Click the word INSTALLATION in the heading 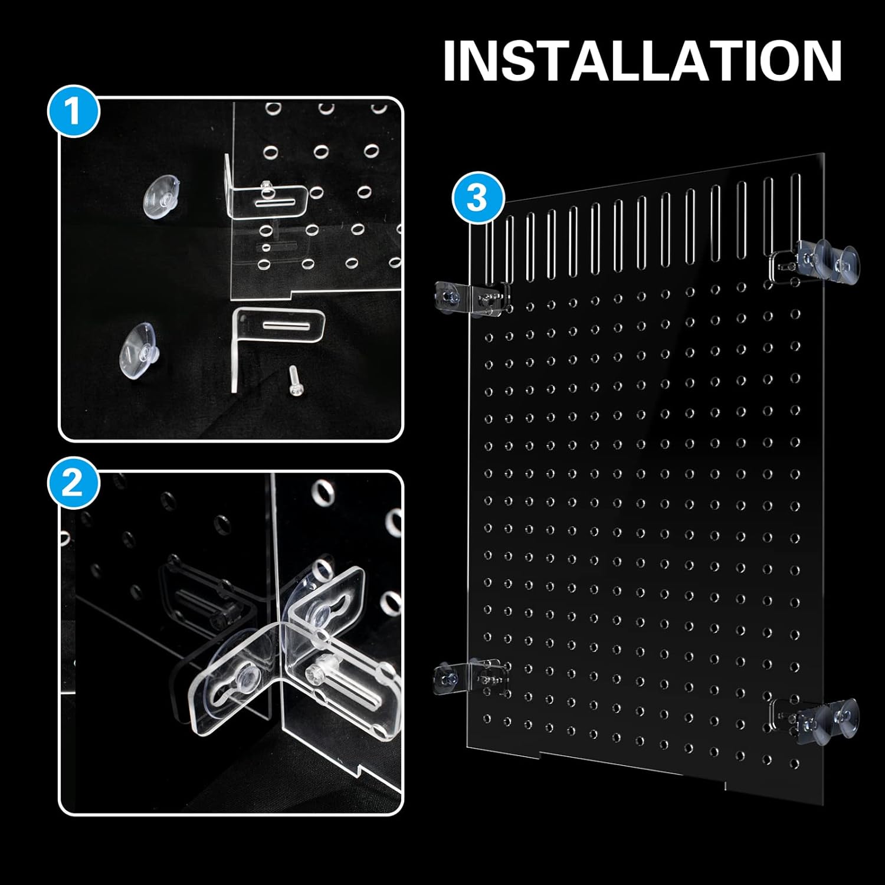point(642,61)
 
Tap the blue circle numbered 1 point(73,112)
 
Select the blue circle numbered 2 point(73,486)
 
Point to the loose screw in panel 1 point(293,381)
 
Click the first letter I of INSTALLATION point(450,61)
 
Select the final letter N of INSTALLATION point(824,61)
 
